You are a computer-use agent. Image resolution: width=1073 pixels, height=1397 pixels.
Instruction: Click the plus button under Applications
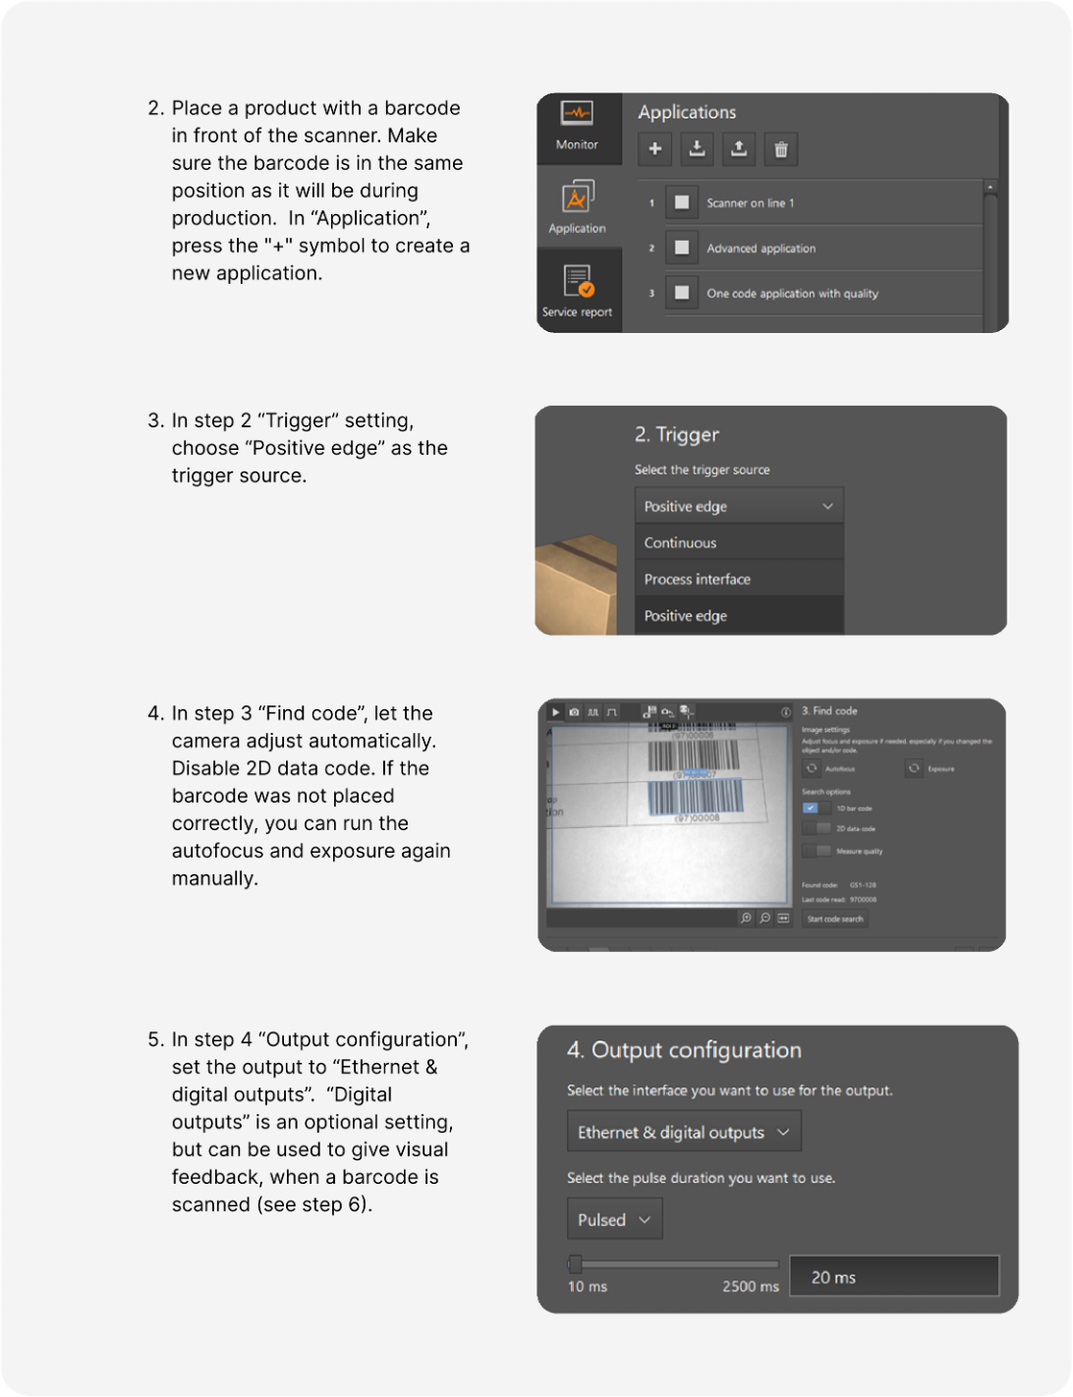pos(655,149)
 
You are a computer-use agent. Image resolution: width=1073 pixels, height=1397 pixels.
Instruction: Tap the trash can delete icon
pos(781,149)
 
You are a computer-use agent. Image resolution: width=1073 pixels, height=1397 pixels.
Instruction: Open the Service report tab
pos(578,290)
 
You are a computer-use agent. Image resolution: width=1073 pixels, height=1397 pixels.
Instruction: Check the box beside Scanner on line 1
pos(681,202)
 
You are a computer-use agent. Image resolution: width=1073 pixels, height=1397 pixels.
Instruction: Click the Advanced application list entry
pos(761,249)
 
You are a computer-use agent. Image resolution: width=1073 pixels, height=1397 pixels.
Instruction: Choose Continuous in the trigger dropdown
pos(680,542)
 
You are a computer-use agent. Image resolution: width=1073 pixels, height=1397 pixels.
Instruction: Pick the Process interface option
pos(697,579)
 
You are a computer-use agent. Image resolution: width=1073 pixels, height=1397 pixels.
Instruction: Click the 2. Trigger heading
pos(677,434)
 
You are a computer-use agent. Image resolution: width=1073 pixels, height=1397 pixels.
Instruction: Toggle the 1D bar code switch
pos(816,808)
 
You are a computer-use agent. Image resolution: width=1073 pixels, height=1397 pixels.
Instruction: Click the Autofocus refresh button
pos(812,768)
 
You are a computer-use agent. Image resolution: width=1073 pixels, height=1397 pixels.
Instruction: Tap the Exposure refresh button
pos(914,768)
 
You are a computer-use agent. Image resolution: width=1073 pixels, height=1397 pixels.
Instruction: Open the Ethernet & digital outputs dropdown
pos(684,1132)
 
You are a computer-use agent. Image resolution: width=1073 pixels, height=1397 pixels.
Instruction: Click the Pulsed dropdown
pos(614,1219)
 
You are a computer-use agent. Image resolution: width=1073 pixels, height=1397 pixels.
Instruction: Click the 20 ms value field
pos(894,1277)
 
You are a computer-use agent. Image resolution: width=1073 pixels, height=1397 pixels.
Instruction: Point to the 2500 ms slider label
pos(750,1287)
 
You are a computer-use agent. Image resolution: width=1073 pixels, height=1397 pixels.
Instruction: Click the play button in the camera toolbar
pos(555,711)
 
